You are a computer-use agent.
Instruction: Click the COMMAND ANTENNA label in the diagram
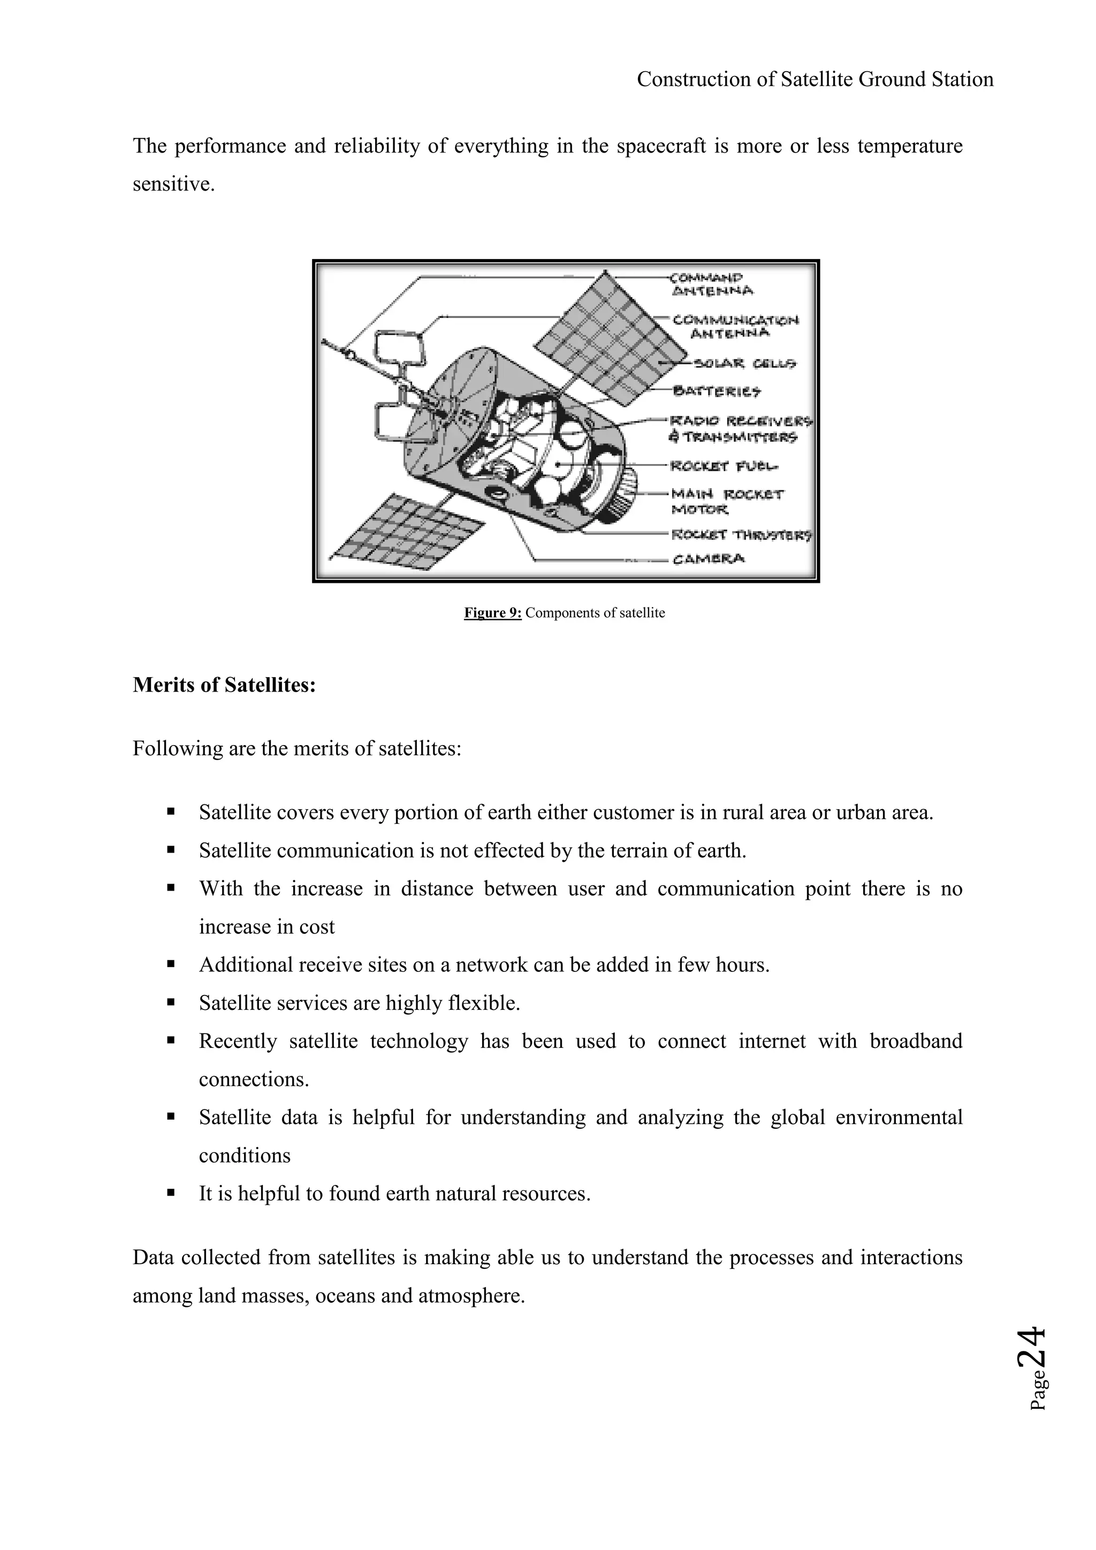(x=711, y=284)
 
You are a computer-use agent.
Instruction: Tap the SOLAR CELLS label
(x=745, y=364)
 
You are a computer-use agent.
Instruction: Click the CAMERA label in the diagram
(x=709, y=558)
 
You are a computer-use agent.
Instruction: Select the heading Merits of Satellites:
(x=224, y=685)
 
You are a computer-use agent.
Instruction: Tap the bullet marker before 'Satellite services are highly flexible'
(x=171, y=1003)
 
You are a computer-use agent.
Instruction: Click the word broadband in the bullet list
(x=915, y=1041)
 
